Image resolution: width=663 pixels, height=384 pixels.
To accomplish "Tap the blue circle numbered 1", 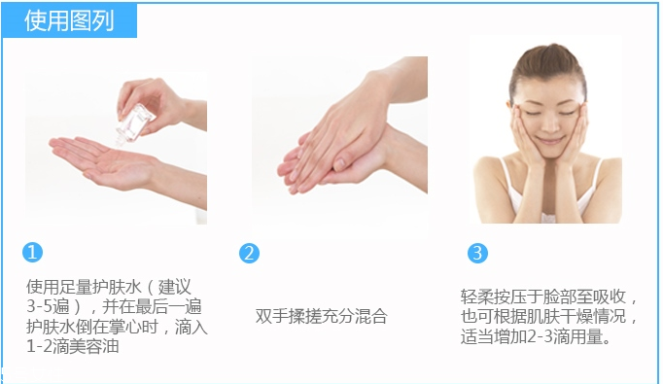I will pos(33,253).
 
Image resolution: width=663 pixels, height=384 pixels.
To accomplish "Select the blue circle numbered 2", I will pos(249,253).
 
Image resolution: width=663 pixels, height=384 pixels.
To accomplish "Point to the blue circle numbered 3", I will pos(476,253).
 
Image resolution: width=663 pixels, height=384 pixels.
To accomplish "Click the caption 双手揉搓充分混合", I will pos(321,317).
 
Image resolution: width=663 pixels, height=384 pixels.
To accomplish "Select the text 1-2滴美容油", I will pos(73,345).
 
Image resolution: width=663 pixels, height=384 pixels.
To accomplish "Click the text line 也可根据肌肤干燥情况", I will pos(549,317).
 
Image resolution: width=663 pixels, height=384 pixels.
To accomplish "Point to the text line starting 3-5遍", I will pos(116,306).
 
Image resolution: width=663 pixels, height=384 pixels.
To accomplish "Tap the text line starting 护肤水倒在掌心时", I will pos(116,326).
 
